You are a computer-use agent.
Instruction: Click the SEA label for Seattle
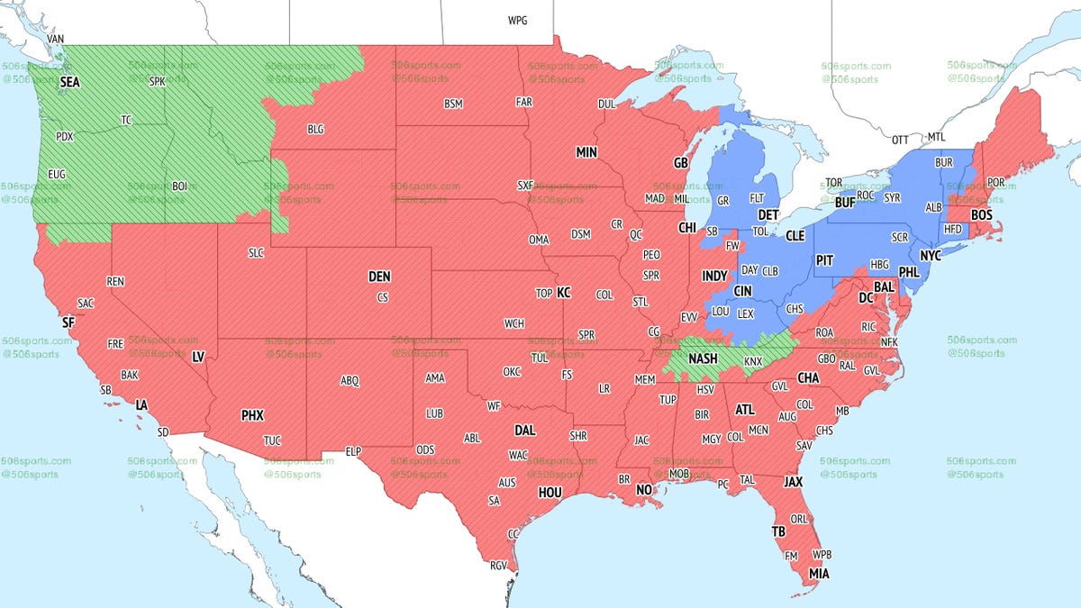coord(69,82)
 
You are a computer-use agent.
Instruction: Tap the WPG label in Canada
coord(518,20)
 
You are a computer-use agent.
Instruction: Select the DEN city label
coord(379,277)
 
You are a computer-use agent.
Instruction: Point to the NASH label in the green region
coord(703,358)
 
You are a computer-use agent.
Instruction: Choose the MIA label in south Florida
coord(819,574)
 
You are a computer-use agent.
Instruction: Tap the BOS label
coord(981,215)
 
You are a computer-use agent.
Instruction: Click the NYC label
coord(931,256)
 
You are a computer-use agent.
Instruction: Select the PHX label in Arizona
coord(252,416)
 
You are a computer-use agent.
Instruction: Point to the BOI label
coord(179,186)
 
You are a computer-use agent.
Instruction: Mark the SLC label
coord(256,253)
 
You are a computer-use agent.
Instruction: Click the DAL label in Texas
coord(524,431)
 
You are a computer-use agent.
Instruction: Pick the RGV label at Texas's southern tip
coord(498,566)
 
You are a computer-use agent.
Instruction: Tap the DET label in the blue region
coord(768,215)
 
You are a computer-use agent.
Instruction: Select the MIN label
coord(586,153)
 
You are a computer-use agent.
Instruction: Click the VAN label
coord(56,40)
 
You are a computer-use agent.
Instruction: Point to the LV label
coord(198,358)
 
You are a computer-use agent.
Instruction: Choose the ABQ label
coord(350,381)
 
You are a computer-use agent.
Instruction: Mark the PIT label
coord(824,260)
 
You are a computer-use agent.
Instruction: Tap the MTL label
coord(937,138)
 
